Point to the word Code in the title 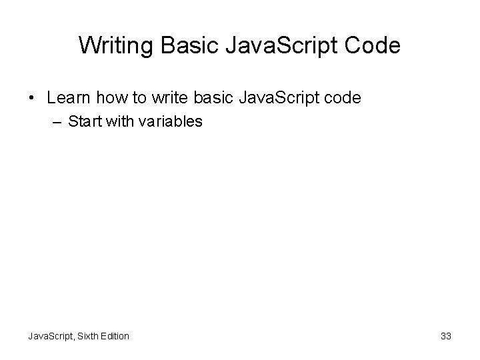point(374,45)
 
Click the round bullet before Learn point(33,99)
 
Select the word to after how point(138,98)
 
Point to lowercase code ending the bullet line point(343,98)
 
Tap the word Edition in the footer point(114,336)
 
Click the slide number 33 point(446,336)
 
